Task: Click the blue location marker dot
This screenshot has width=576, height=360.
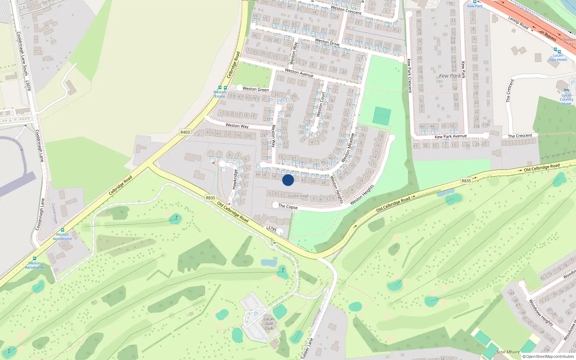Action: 288,180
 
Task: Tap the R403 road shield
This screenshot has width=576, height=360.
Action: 185,132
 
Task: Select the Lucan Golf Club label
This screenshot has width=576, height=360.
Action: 269,324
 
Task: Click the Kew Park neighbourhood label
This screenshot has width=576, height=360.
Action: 450,76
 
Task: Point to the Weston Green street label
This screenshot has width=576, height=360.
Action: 256,89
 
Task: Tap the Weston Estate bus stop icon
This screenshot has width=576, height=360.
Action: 220,88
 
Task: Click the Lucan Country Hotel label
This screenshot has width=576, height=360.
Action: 566,99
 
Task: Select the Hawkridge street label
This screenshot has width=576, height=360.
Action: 235,179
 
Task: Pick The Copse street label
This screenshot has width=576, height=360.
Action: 288,207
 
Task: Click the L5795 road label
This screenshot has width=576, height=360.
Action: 271,229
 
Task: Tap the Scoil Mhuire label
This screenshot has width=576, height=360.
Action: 508,352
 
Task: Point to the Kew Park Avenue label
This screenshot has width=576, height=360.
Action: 450,136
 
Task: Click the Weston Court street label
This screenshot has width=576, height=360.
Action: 320,104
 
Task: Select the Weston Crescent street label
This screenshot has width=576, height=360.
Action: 346,10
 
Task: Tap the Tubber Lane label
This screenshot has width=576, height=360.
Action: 307,348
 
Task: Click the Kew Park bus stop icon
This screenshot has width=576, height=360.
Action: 475,1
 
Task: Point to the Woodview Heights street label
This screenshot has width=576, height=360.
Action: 541,312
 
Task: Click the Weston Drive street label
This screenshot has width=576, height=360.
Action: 327,42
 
